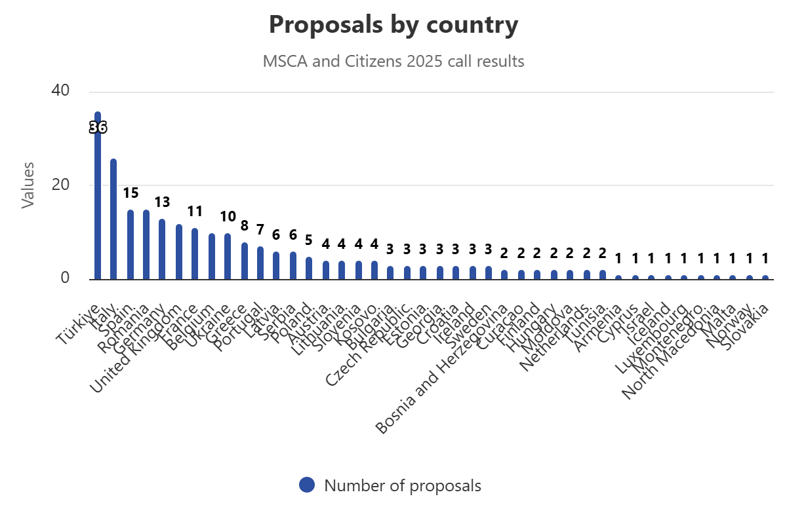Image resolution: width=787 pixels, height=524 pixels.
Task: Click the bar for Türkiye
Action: (98, 196)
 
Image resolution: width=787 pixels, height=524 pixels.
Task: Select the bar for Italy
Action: (113, 219)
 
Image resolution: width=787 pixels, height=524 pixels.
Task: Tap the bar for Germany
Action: (162, 249)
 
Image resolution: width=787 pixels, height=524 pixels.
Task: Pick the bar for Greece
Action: (244, 261)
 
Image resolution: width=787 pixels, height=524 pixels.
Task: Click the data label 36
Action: (98, 128)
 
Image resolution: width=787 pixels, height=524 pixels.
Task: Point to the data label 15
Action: (131, 193)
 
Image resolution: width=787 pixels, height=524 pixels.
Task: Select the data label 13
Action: (162, 202)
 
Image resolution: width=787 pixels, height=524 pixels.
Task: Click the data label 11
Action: (195, 212)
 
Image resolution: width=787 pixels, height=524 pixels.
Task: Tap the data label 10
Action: (228, 217)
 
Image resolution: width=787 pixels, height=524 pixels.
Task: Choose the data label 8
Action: (244, 226)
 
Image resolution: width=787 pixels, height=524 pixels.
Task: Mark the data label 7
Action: (260, 231)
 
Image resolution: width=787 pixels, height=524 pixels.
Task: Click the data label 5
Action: (309, 240)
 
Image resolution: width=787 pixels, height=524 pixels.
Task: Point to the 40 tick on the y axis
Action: (60, 90)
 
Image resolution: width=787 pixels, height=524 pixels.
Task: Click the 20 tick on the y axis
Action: (60, 185)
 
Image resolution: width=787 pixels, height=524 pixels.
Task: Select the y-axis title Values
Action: (28, 185)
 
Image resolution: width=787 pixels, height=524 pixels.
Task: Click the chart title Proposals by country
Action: (393, 25)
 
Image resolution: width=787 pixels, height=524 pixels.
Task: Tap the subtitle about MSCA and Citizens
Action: (393, 62)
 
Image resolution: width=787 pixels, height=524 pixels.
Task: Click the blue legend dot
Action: (307, 485)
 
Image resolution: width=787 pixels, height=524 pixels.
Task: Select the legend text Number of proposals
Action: (403, 486)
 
